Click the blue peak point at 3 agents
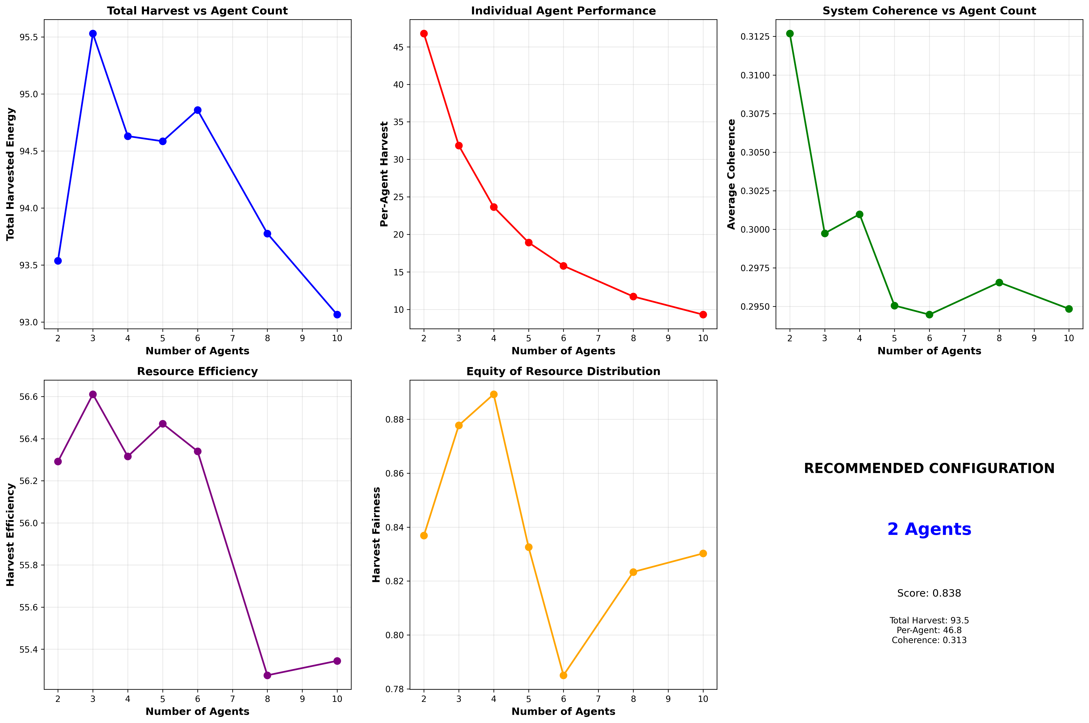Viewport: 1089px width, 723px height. pos(93,34)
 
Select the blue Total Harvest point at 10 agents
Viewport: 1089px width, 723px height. pos(337,315)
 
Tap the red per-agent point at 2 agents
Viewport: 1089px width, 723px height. pos(424,34)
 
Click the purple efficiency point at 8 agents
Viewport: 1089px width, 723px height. pos(267,675)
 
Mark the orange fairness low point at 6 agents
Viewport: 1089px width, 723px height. pos(563,675)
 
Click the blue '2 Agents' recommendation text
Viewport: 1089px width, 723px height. pos(929,529)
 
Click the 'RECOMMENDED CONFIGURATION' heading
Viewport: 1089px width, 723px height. pos(929,469)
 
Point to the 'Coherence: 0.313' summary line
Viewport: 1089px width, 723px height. pos(929,640)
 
